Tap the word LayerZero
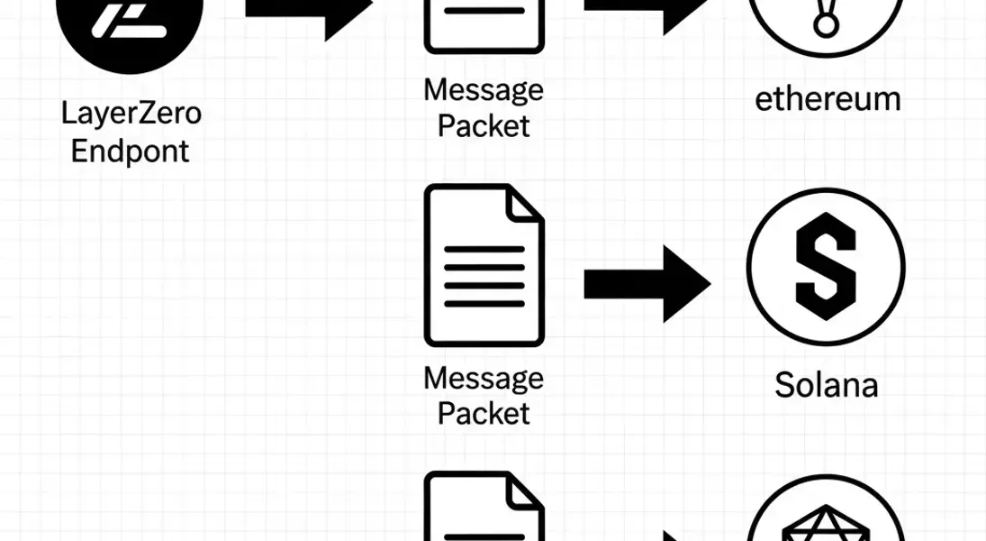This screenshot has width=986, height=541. coord(131,115)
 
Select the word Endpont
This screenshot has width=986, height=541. coord(131,151)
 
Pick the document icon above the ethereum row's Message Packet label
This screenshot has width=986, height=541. coord(484,23)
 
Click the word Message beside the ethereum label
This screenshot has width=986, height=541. coord(484,90)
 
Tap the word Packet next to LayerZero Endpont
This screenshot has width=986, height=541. coord(484,126)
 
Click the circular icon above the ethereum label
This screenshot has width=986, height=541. coord(826,23)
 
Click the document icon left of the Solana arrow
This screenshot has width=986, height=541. coord(484,265)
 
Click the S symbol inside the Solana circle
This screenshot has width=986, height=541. coord(826,267)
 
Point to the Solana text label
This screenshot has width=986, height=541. coord(827,385)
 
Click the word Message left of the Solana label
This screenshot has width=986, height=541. coord(484,378)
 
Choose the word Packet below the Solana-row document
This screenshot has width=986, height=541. coord(484,414)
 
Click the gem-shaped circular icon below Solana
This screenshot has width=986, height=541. coord(826,514)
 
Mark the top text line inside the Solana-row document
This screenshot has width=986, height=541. coord(484,249)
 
